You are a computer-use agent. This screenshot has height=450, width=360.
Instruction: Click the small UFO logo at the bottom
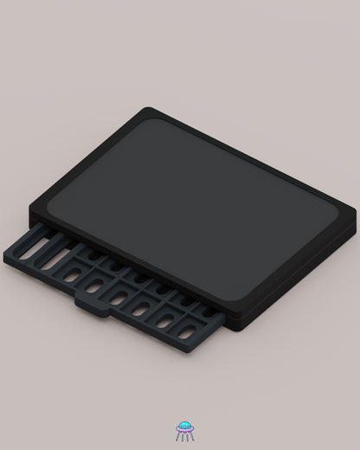pos(183,431)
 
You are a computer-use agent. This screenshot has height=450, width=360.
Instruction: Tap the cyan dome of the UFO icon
pos(183,426)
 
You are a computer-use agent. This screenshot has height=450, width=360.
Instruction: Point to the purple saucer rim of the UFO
pos(183,430)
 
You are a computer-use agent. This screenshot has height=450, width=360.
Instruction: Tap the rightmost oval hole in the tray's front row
pos(187,330)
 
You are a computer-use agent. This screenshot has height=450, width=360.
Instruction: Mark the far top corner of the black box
pos(149,110)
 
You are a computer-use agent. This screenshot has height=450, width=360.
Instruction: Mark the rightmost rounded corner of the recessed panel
pos(337,214)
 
